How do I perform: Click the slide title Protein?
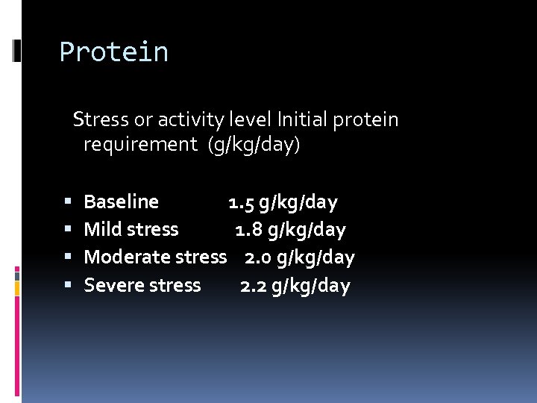(114, 52)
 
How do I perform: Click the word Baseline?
(121, 201)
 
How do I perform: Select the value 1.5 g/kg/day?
(283, 202)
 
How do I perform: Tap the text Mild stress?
(131, 229)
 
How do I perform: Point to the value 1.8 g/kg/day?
(290, 230)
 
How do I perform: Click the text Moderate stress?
(155, 257)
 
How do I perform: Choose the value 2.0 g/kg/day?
(299, 257)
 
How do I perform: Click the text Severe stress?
(142, 285)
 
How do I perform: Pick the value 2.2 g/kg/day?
(295, 286)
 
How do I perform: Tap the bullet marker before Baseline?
(68, 202)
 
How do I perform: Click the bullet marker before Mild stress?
(68, 230)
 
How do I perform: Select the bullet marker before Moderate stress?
(68, 257)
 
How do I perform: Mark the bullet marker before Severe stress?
(68, 285)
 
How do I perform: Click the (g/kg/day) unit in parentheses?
(254, 145)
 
